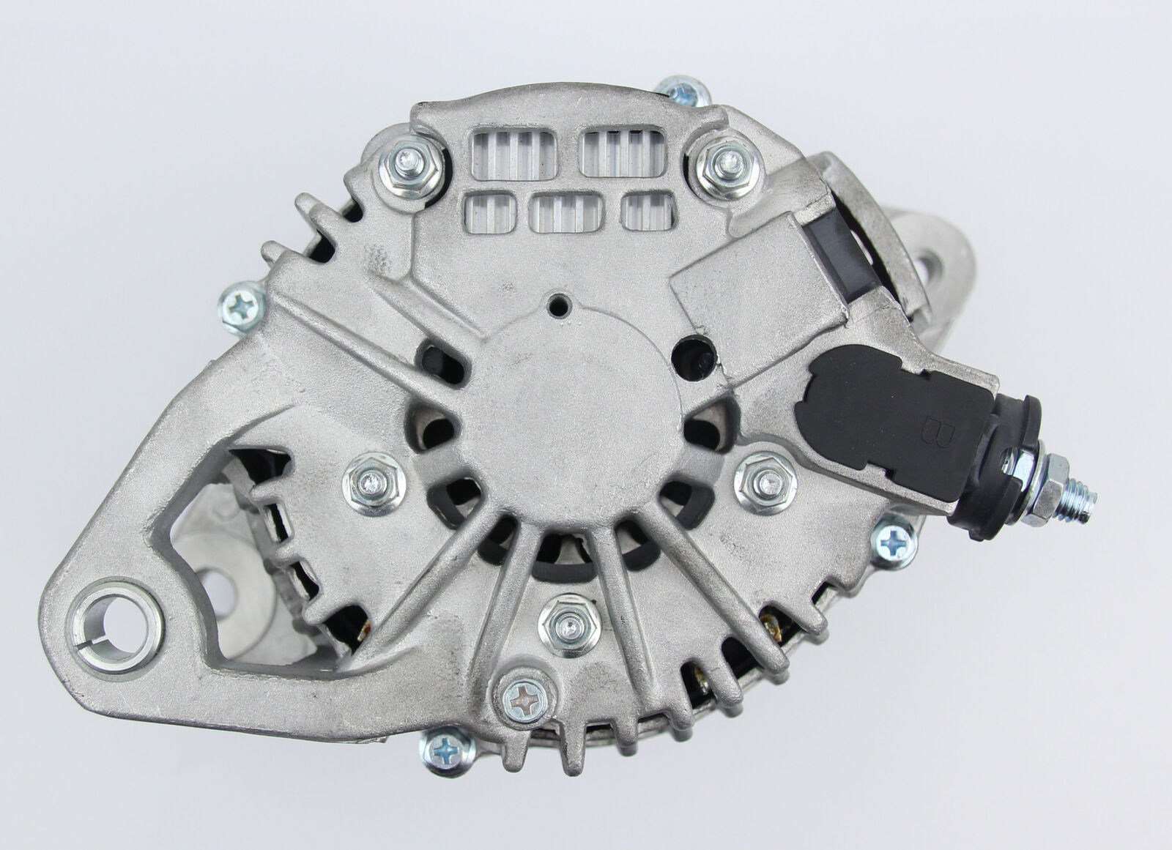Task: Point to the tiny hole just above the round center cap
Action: pyautogui.click(x=559, y=305)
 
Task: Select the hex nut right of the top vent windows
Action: pyautogui.click(x=728, y=165)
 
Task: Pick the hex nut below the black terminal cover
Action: pyautogui.click(x=765, y=483)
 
